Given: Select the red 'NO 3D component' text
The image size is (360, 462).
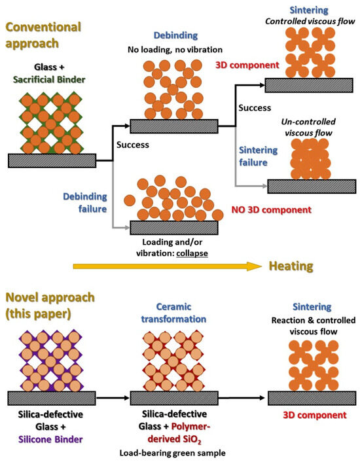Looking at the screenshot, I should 272,211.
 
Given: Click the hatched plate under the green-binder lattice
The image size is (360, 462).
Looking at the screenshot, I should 52,160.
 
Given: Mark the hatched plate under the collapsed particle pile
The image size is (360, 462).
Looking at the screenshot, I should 174,227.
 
